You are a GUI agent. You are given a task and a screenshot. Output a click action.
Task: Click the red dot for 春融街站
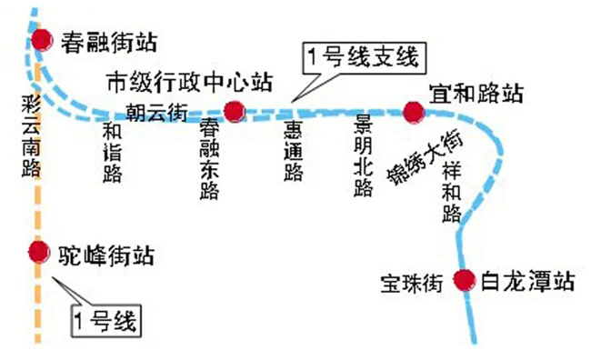point(42,40)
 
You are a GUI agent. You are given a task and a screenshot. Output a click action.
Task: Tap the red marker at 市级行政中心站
point(235,111)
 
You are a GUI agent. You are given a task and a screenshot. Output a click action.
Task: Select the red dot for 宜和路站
point(414,112)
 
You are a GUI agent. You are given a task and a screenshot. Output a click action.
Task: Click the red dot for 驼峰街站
point(38,251)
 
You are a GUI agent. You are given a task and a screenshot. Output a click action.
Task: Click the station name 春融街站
point(109,40)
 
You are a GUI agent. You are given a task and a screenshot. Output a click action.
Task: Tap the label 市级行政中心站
point(189,80)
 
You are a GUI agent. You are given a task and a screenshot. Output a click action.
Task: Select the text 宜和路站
point(476,92)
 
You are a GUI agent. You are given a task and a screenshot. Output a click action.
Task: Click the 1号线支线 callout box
point(363,59)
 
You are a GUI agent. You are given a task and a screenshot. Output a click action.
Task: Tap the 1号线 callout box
point(108,318)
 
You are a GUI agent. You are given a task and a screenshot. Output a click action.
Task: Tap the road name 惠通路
point(293,151)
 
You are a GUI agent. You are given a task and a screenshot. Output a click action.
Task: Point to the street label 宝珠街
point(412,283)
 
